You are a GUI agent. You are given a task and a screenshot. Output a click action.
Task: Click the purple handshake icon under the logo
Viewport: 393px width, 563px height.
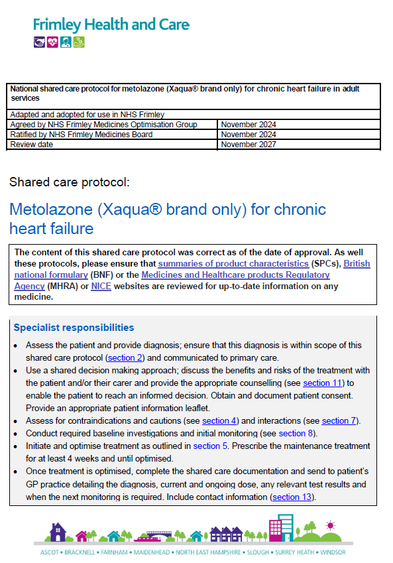(39, 42)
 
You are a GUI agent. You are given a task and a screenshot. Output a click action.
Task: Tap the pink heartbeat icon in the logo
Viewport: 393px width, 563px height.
(52, 42)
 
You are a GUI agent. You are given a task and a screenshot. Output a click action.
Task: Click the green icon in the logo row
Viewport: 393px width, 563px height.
(80, 42)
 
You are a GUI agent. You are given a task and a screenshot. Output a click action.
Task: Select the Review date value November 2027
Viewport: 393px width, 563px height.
(249, 145)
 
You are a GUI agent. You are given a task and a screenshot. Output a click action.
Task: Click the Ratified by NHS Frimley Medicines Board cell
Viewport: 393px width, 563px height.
(82, 135)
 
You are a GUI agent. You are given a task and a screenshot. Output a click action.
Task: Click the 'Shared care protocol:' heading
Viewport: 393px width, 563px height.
(70, 182)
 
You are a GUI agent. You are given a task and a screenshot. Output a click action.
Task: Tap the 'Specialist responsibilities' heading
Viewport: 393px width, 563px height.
(74, 328)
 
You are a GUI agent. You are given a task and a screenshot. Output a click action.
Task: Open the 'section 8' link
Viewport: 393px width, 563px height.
(291, 434)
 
